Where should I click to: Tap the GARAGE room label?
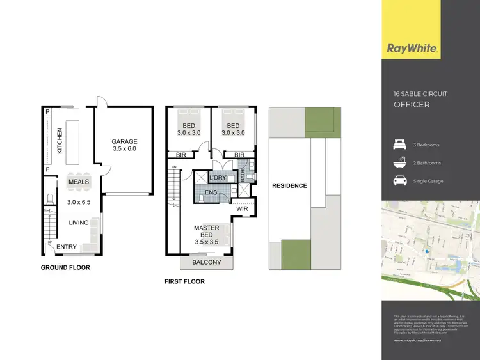(124, 141)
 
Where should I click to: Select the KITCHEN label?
(60, 141)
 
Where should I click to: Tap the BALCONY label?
(206, 262)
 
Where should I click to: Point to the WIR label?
(242, 208)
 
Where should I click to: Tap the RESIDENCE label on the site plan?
(289, 186)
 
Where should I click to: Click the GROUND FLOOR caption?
(65, 267)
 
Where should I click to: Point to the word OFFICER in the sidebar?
(412, 104)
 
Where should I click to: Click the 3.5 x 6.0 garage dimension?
(124, 149)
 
